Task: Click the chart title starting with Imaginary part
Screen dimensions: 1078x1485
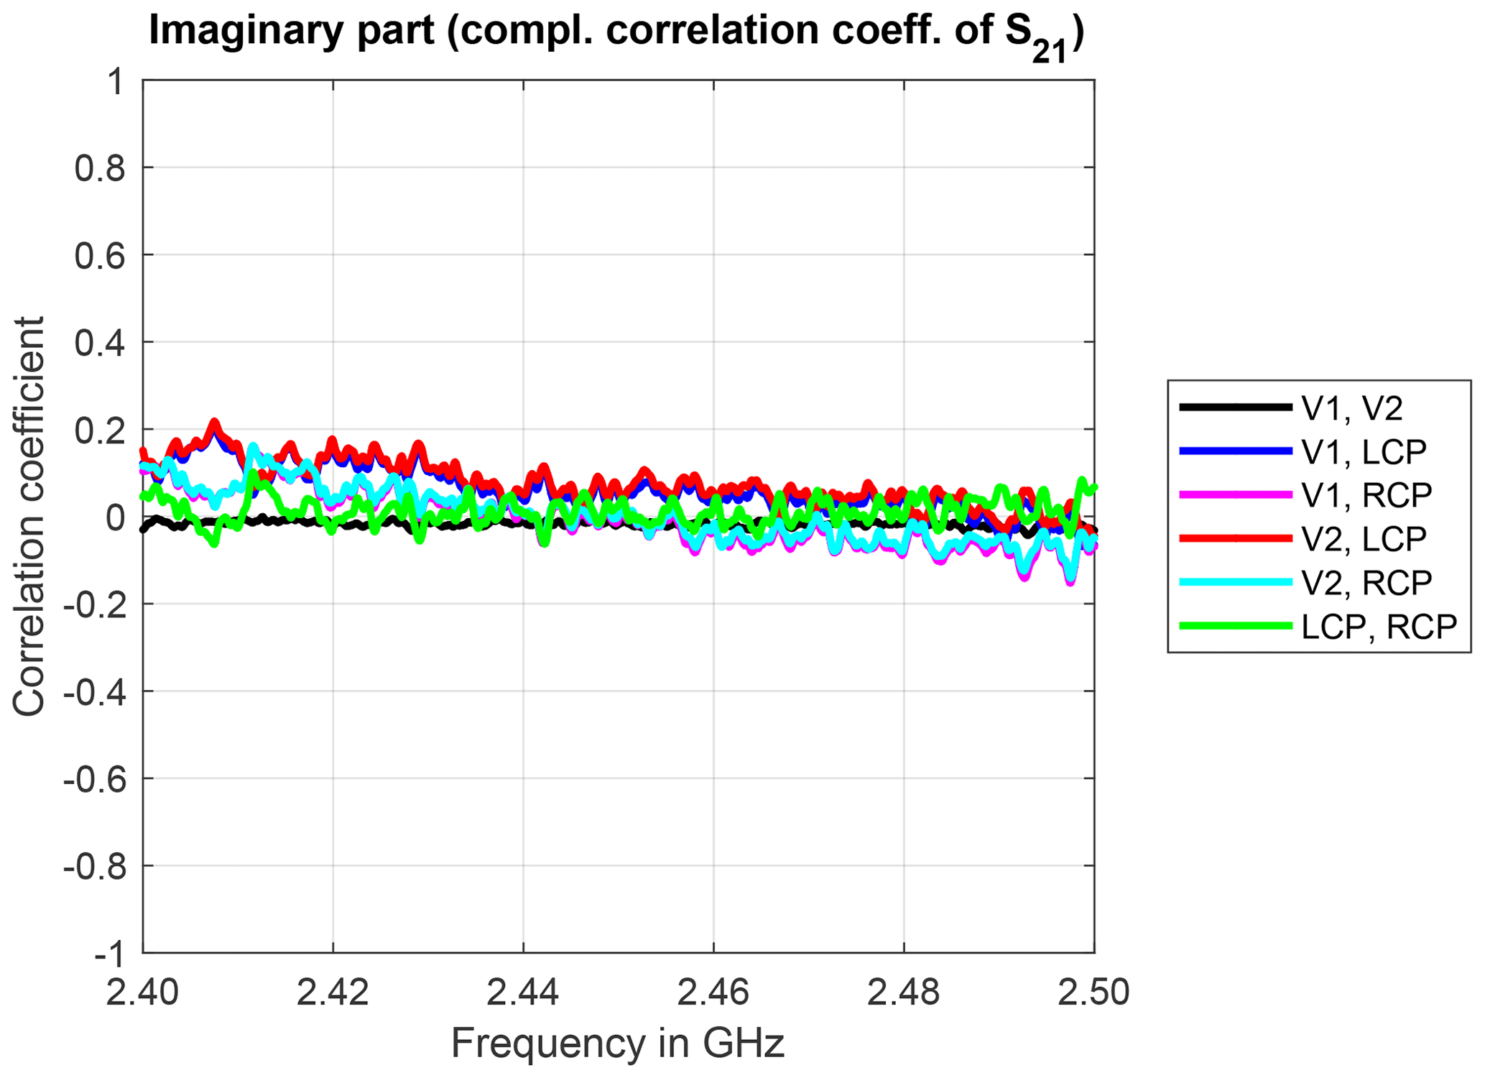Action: tap(616, 32)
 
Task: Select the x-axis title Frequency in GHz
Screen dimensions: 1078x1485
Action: tap(618, 1043)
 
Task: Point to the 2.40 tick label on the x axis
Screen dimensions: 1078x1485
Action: tap(143, 992)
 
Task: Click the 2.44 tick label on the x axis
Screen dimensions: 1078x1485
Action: tap(523, 992)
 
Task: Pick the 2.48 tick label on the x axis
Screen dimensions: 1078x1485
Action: tap(904, 992)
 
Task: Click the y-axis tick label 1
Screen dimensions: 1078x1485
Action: tap(115, 82)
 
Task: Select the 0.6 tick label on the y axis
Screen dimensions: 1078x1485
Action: tap(100, 256)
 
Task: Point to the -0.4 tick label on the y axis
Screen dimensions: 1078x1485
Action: tap(94, 692)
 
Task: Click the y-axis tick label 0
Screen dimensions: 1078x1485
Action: tap(115, 517)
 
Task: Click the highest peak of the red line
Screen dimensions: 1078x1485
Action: tap(213, 423)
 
